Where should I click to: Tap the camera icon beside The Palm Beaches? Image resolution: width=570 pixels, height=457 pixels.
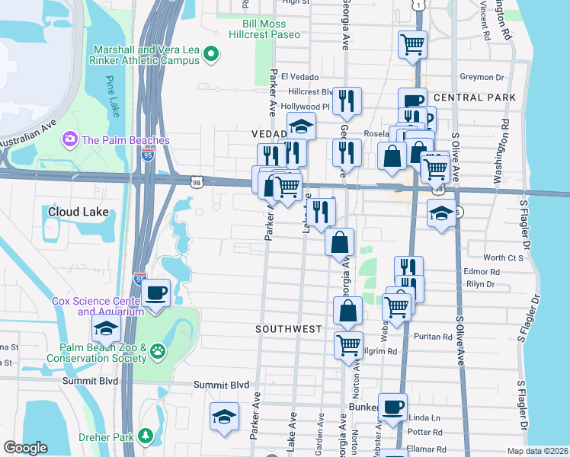pos(71,139)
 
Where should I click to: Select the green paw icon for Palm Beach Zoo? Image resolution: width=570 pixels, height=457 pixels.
pos(158,351)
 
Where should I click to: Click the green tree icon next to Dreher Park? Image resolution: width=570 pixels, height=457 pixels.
pos(144,436)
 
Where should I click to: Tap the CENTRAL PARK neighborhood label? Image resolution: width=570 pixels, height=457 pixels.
pos(473,97)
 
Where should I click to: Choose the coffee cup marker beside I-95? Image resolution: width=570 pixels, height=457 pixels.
pos(157,292)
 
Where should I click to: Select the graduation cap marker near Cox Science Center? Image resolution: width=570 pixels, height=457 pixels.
pos(107,328)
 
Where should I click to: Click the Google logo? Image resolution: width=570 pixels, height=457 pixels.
pos(25,448)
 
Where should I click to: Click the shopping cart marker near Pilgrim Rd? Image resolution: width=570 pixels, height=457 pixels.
pos(349,344)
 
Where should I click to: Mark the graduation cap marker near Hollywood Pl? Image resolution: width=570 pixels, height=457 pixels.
pos(301,126)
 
